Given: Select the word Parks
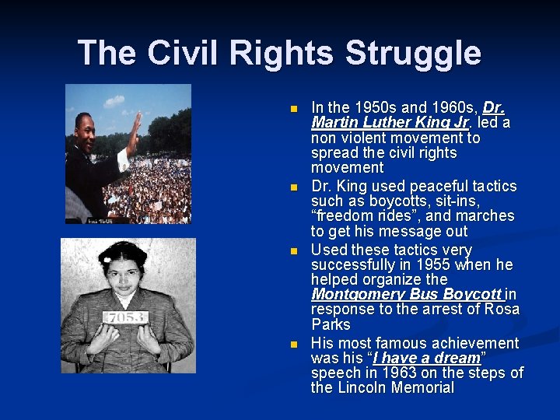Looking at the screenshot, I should click(331, 324).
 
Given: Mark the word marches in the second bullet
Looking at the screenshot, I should click(487, 215).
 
